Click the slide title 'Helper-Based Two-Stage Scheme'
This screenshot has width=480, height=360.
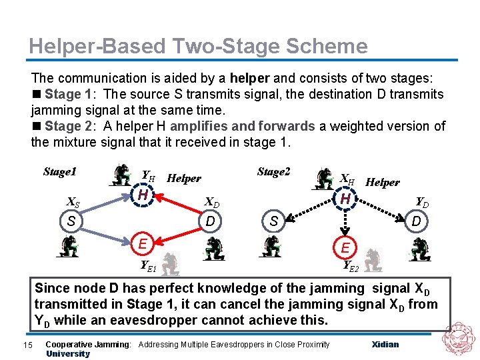pyautogui.click(x=198, y=46)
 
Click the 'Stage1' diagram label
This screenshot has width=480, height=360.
pyautogui.click(x=59, y=172)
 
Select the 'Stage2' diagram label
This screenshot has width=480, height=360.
pyautogui.click(x=273, y=172)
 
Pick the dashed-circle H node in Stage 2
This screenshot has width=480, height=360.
pyautogui.click(x=345, y=199)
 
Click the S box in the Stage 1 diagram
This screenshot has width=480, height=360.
pyautogui.click(x=71, y=221)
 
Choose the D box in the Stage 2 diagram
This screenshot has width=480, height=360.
pyautogui.click(x=416, y=221)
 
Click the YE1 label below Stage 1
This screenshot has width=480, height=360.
pyautogui.click(x=147, y=265)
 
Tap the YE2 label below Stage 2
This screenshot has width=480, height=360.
pyautogui.click(x=351, y=267)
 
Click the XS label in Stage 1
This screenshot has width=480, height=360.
pyautogui.click(x=75, y=203)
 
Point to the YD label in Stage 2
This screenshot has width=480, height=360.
pyautogui.click(x=422, y=201)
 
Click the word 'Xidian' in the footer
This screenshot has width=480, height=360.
pyautogui.click(x=385, y=344)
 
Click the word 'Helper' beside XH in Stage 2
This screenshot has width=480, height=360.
pyautogui.click(x=383, y=182)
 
